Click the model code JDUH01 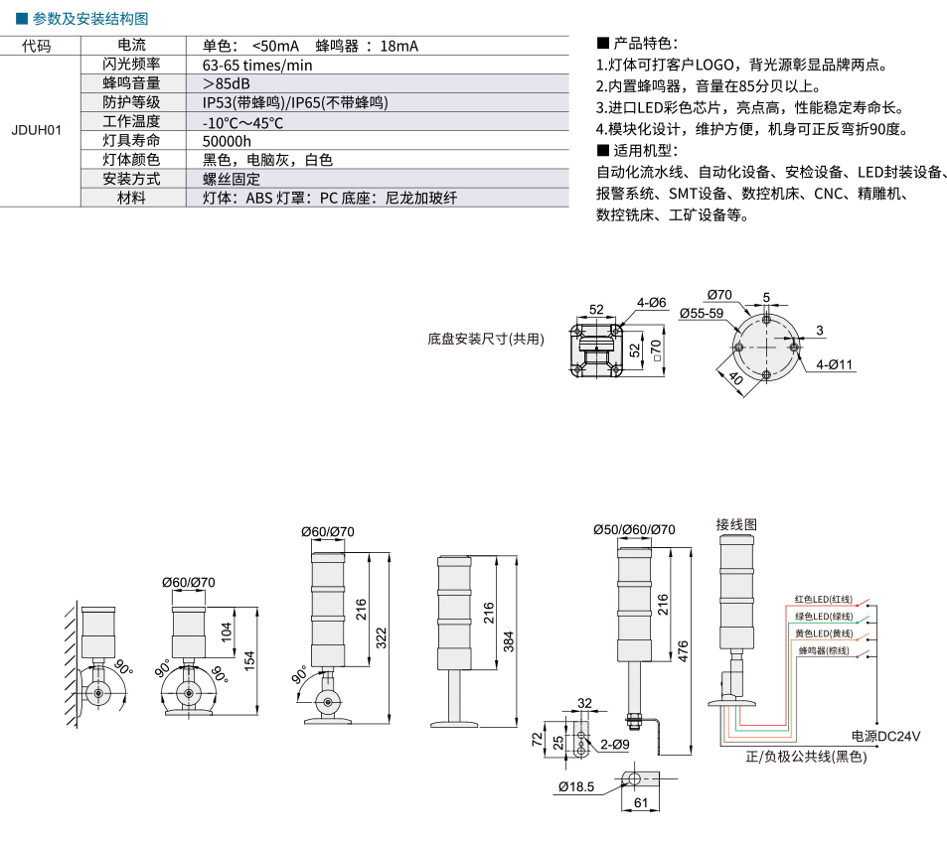[x=36, y=130]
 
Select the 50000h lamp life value [x=227, y=141]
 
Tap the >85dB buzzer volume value [x=227, y=83]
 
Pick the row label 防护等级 [x=131, y=102]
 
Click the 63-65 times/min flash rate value [x=257, y=66]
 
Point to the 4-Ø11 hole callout [x=834, y=364]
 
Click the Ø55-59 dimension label [x=702, y=313]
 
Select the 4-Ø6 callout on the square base [x=652, y=303]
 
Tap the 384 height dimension [x=509, y=641]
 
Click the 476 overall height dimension [x=683, y=651]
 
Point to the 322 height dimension [x=382, y=638]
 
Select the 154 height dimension [x=249, y=661]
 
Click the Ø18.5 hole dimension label [x=576, y=787]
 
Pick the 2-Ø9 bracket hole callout [x=615, y=745]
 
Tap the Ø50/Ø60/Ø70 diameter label [x=634, y=530]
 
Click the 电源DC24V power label [x=885, y=737]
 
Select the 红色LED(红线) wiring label [x=823, y=600]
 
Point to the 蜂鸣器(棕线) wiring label [x=824, y=650]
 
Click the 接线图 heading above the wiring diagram [x=736, y=524]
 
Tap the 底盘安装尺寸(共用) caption [x=486, y=340]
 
